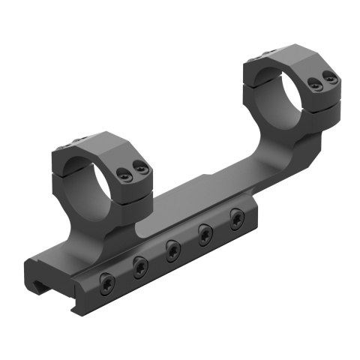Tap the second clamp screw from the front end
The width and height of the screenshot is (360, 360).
[x=139, y=264]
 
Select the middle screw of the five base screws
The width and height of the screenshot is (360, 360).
[x=172, y=247]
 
